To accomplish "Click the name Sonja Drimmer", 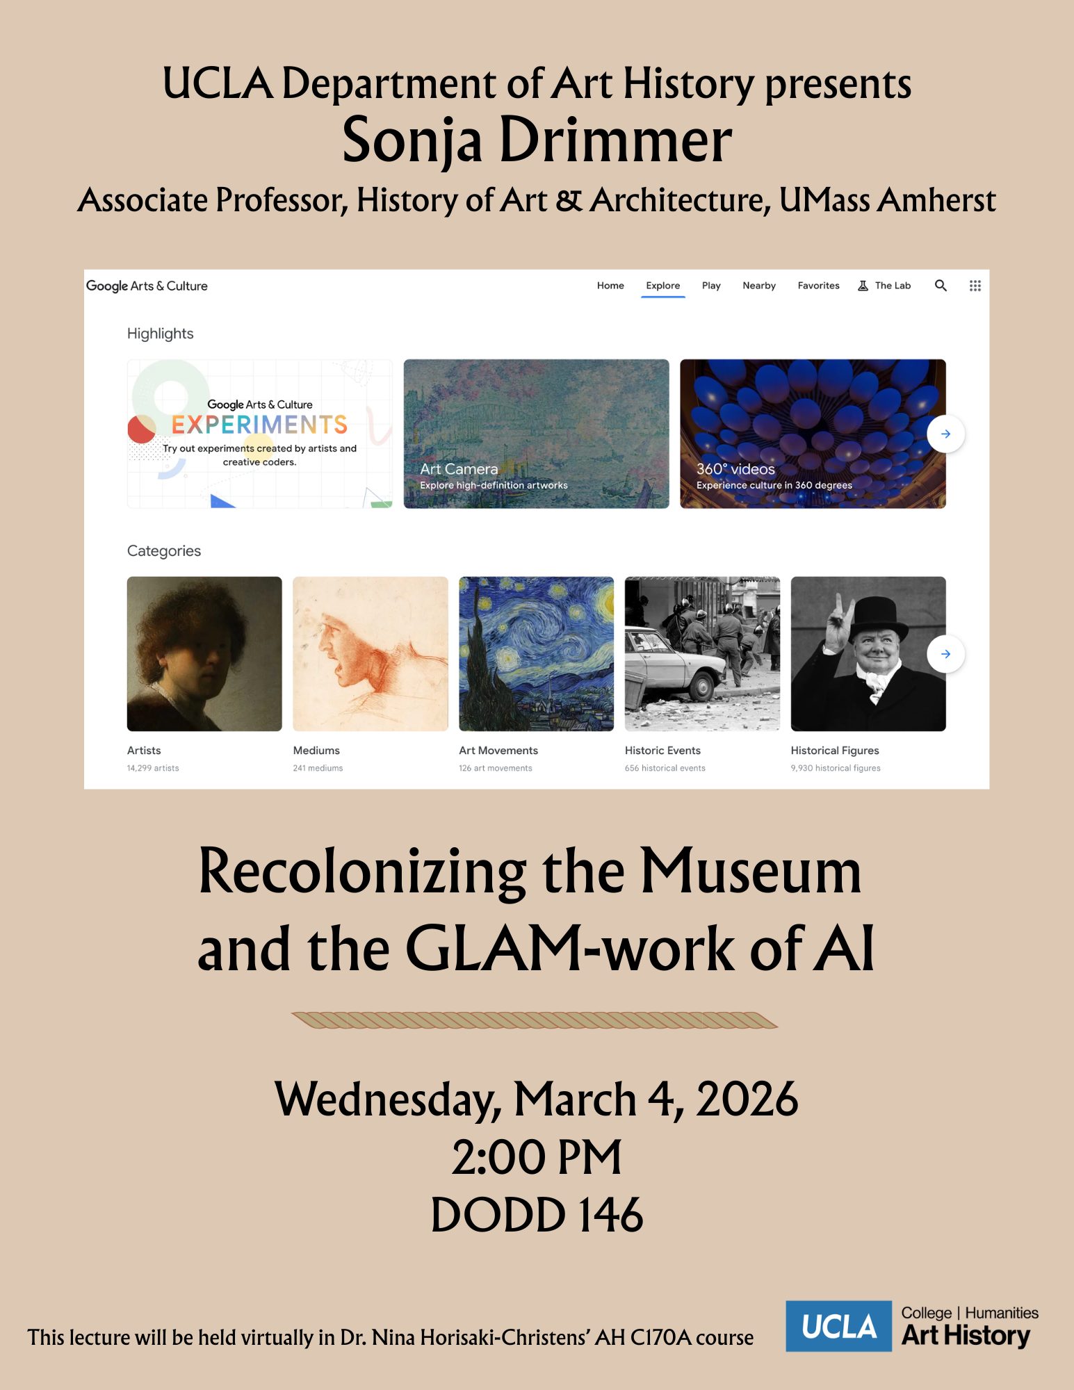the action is [x=537, y=141].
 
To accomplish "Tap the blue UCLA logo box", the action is [x=838, y=1326].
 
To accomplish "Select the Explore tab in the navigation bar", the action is [x=662, y=286].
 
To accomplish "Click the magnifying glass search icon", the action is [x=941, y=286].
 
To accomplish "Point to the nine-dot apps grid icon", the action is [x=975, y=286].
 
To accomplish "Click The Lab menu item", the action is [x=884, y=286].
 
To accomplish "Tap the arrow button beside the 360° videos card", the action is [x=945, y=434].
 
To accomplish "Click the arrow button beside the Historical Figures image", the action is [x=945, y=654].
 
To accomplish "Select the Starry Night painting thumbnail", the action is [x=536, y=654].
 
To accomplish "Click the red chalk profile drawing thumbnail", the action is [x=371, y=654].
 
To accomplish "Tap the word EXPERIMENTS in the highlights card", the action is [x=259, y=425].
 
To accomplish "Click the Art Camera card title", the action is [x=459, y=469].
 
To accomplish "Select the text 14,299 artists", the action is [x=153, y=768].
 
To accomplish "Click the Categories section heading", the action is [x=164, y=551].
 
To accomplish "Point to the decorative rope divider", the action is [x=535, y=1020].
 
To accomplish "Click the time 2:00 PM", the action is [x=537, y=1158].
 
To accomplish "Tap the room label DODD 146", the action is [x=537, y=1215].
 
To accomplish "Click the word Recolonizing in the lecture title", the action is [x=362, y=872].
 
